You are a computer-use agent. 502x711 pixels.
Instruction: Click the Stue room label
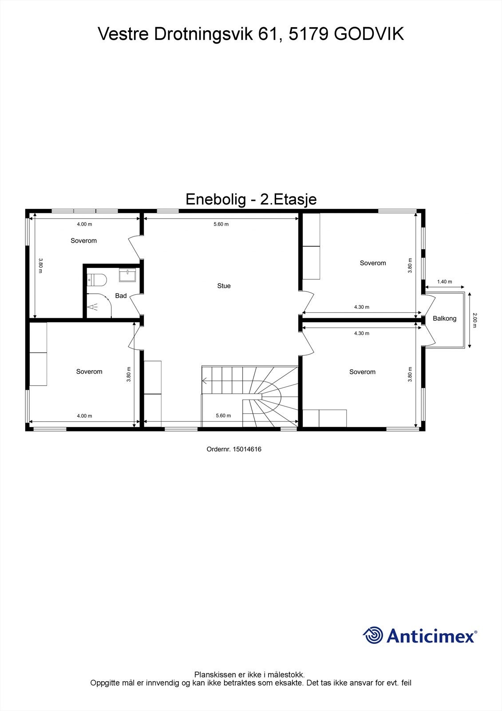(224, 286)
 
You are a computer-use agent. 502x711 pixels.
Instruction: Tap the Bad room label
(121, 296)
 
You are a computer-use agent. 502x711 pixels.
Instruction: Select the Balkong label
(444, 318)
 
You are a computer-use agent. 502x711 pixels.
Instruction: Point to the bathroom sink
(129, 276)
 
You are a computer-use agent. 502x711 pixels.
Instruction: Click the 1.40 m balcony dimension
(444, 282)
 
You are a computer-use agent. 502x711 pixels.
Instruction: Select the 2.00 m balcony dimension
(474, 320)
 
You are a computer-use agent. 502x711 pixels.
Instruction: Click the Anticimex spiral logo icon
(373, 635)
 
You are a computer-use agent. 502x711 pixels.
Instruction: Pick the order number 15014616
(247, 449)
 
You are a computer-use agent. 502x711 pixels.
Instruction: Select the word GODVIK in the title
(368, 34)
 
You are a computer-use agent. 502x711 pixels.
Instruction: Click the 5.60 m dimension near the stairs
(223, 415)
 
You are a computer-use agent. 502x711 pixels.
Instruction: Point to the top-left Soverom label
(83, 240)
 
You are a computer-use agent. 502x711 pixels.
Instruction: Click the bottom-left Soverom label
(89, 371)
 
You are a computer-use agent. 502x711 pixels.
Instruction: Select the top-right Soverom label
(373, 263)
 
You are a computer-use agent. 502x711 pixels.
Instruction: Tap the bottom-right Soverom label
(362, 371)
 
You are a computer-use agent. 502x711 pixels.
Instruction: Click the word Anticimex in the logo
(430, 635)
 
